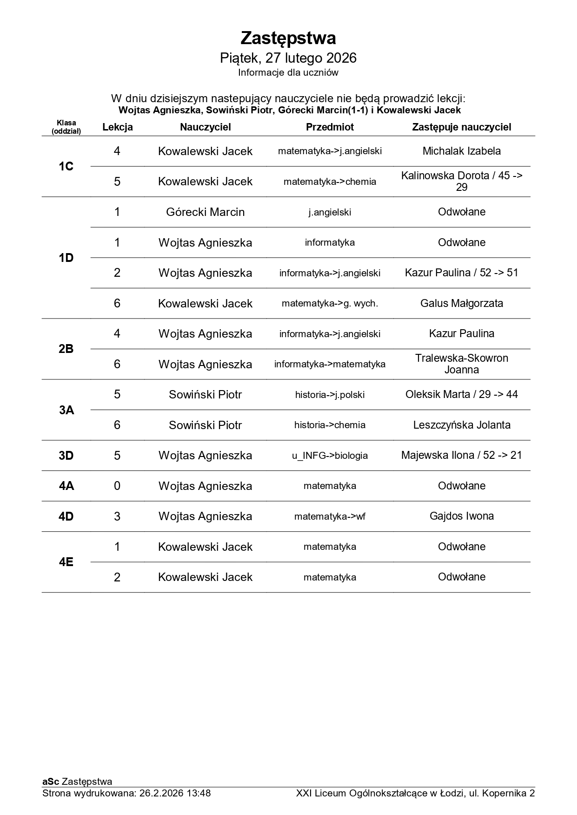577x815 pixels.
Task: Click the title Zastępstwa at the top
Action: coord(288,38)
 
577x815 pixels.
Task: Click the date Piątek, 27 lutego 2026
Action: coord(288,58)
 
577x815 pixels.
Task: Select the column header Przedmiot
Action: coord(330,127)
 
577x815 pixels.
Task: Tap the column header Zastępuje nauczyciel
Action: coord(461,127)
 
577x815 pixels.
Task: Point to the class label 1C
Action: coord(66,166)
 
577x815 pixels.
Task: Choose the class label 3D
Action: coord(66,456)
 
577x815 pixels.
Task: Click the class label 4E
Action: coord(66,562)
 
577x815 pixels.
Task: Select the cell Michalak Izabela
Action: coord(461,151)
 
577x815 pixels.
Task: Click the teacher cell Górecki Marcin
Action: coord(205,212)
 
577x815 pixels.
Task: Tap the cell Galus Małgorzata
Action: coord(461,303)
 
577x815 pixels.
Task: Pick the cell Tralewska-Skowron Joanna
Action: coord(461,364)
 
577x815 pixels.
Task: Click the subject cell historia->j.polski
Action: coord(330,395)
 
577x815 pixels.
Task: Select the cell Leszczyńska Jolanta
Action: coord(461,425)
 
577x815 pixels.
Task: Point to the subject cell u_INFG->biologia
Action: coord(330,456)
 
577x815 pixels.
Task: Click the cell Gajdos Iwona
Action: coord(461,516)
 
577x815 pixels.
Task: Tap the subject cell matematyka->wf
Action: coord(330,516)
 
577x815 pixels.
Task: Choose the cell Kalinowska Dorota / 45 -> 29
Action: coord(461,182)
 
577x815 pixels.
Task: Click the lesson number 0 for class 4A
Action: coord(117,486)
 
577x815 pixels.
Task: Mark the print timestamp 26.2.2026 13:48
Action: coord(175,793)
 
